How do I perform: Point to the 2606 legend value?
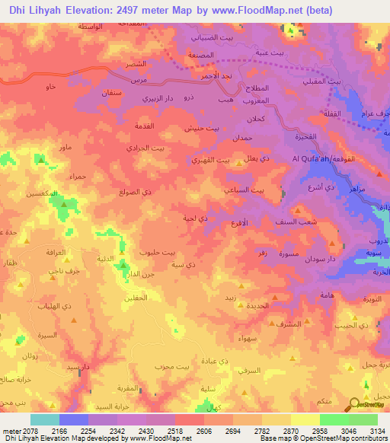pyautogui.click(x=187, y=430)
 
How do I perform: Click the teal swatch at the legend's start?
pyautogui.click(x=45, y=419)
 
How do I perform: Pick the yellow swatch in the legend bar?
pyautogui.click(x=304, y=419)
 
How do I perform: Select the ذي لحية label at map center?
pyautogui.click(x=195, y=218)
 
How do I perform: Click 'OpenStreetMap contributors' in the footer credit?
pyautogui.click(x=341, y=438)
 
